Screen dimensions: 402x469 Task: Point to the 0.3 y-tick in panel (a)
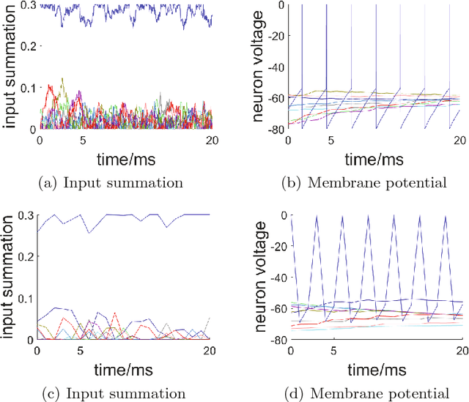(26, 6)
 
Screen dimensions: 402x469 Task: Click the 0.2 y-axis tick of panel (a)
(26, 46)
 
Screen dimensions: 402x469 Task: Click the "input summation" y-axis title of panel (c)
(9, 278)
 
